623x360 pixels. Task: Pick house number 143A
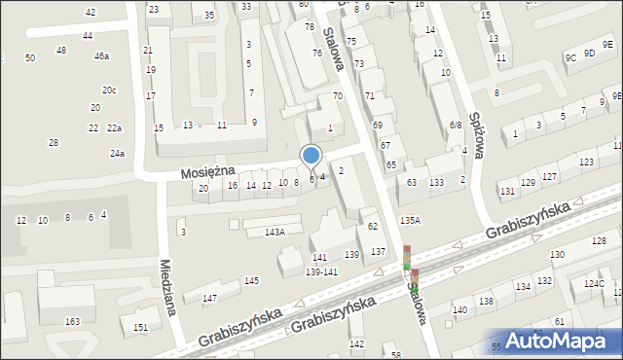coord(275,232)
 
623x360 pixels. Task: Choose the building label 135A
coord(410,221)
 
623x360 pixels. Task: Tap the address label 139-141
coord(321,271)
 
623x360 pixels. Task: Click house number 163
coord(72,320)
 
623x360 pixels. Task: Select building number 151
coord(141,327)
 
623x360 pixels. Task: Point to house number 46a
coord(101,56)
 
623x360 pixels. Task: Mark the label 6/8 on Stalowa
coord(456,126)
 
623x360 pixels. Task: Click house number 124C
coord(594,283)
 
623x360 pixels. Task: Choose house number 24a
coord(117,154)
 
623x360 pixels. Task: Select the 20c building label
coord(109,90)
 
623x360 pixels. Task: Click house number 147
coord(208,298)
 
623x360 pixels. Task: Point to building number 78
coord(310,26)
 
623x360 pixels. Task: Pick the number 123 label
coord(586,162)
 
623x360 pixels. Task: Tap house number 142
coord(356,343)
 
